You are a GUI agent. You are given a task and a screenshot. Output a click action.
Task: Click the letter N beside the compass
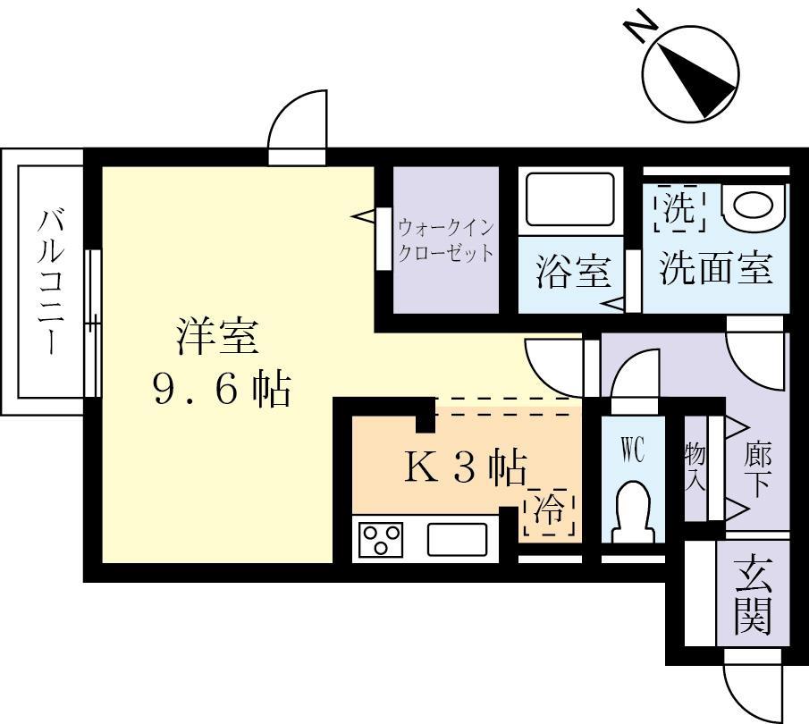click(638, 27)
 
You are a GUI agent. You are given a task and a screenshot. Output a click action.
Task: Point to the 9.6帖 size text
click(222, 390)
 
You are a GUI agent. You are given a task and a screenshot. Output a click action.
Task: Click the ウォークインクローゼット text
click(445, 240)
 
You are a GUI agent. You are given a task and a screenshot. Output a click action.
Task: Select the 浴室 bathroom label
click(572, 271)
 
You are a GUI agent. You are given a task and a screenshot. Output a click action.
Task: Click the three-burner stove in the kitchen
click(381, 540)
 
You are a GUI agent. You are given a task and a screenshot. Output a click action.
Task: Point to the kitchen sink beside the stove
click(457, 540)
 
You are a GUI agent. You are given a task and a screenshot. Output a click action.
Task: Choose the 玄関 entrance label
click(753, 594)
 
